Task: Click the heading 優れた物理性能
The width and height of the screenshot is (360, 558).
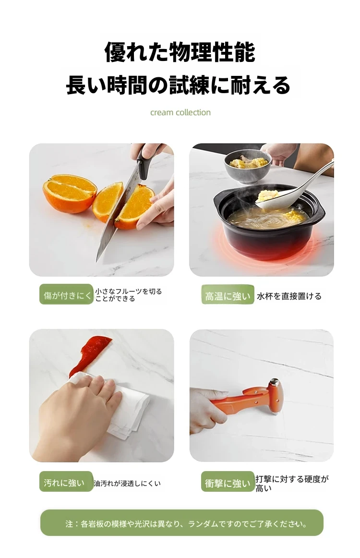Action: [x=180, y=52]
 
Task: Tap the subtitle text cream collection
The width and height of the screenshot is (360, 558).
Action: [x=180, y=112]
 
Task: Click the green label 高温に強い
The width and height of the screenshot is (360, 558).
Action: [x=228, y=295]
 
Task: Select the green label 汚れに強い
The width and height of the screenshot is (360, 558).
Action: [x=66, y=482]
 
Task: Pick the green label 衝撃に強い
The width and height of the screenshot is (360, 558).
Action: [x=228, y=482]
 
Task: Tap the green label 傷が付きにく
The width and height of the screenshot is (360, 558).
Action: [x=66, y=295]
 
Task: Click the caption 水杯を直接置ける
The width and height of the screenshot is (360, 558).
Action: [x=289, y=296]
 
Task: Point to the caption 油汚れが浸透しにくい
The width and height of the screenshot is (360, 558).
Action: [x=127, y=483]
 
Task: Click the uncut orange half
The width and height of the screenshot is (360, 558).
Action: [x=70, y=193]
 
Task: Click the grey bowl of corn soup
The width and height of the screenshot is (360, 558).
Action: [x=248, y=165]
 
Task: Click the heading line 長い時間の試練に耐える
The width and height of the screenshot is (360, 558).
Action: [x=178, y=85]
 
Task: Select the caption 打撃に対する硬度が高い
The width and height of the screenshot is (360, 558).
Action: [x=292, y=483]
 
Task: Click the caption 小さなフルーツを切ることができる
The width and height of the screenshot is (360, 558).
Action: [x=129, y=295]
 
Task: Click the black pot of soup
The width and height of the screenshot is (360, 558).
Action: [x=269, y=220]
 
